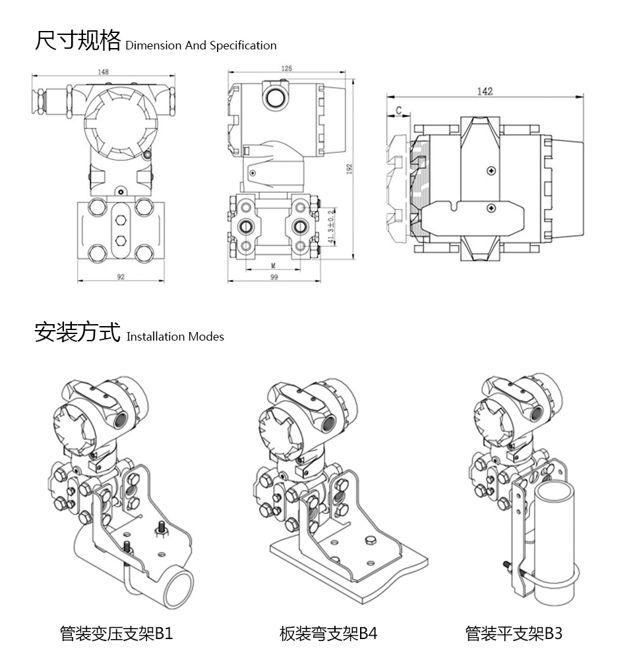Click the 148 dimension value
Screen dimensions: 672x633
(104, 72)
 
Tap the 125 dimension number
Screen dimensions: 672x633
(286, 69)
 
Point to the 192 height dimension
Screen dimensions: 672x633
(350, 171)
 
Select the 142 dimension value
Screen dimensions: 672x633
(485, 92)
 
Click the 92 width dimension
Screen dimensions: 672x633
(121, 277)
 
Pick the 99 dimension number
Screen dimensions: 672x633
(274, 277)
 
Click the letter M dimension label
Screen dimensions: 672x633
(273, 265)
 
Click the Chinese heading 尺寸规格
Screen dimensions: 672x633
(77, 41)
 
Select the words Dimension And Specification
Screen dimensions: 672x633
(200, 45)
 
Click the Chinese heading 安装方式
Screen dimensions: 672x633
(77, 332)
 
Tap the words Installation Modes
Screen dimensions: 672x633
(175, 337)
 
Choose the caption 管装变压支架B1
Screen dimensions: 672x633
(116, 634)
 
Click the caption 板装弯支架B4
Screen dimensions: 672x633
(328, 634)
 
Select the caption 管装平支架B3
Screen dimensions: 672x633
(514, 634)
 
